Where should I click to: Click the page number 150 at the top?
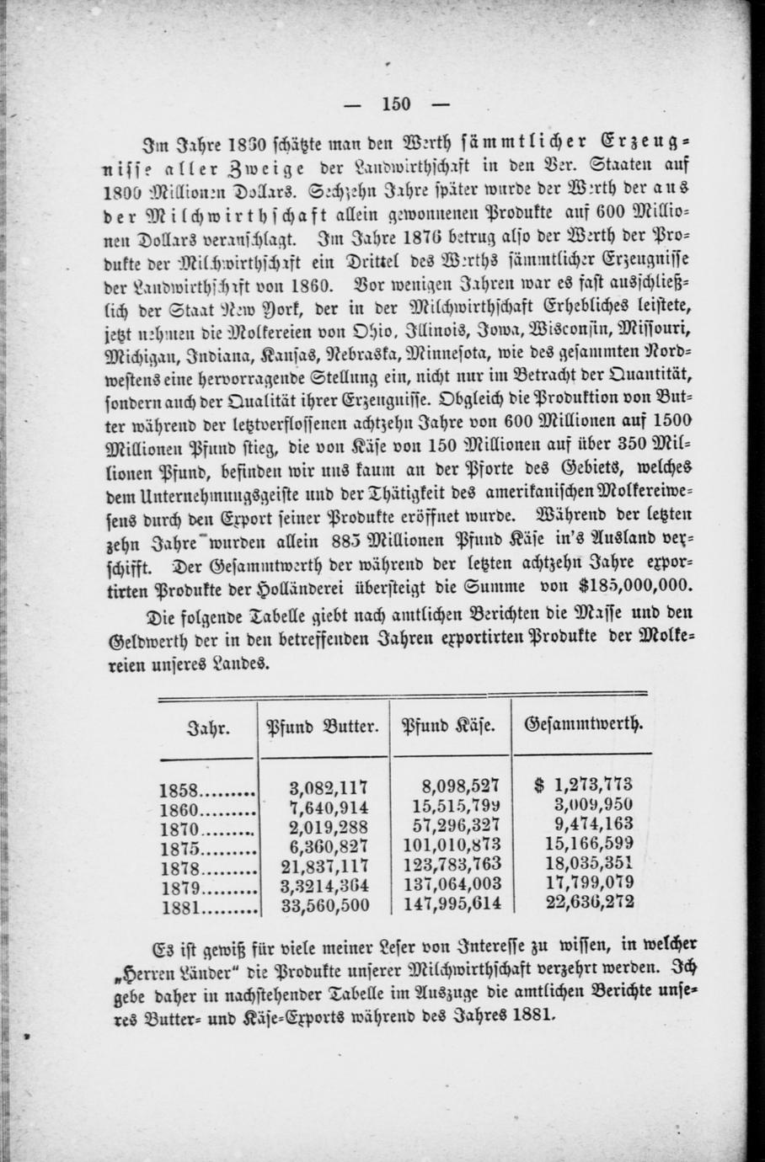pos(396,104)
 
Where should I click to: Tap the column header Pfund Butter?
pos(323,725)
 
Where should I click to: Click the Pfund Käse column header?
pos(447,725)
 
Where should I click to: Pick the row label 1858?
pos(178,791)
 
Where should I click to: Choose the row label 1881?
pos(178,906)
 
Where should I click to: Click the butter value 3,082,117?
pos(329,788)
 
